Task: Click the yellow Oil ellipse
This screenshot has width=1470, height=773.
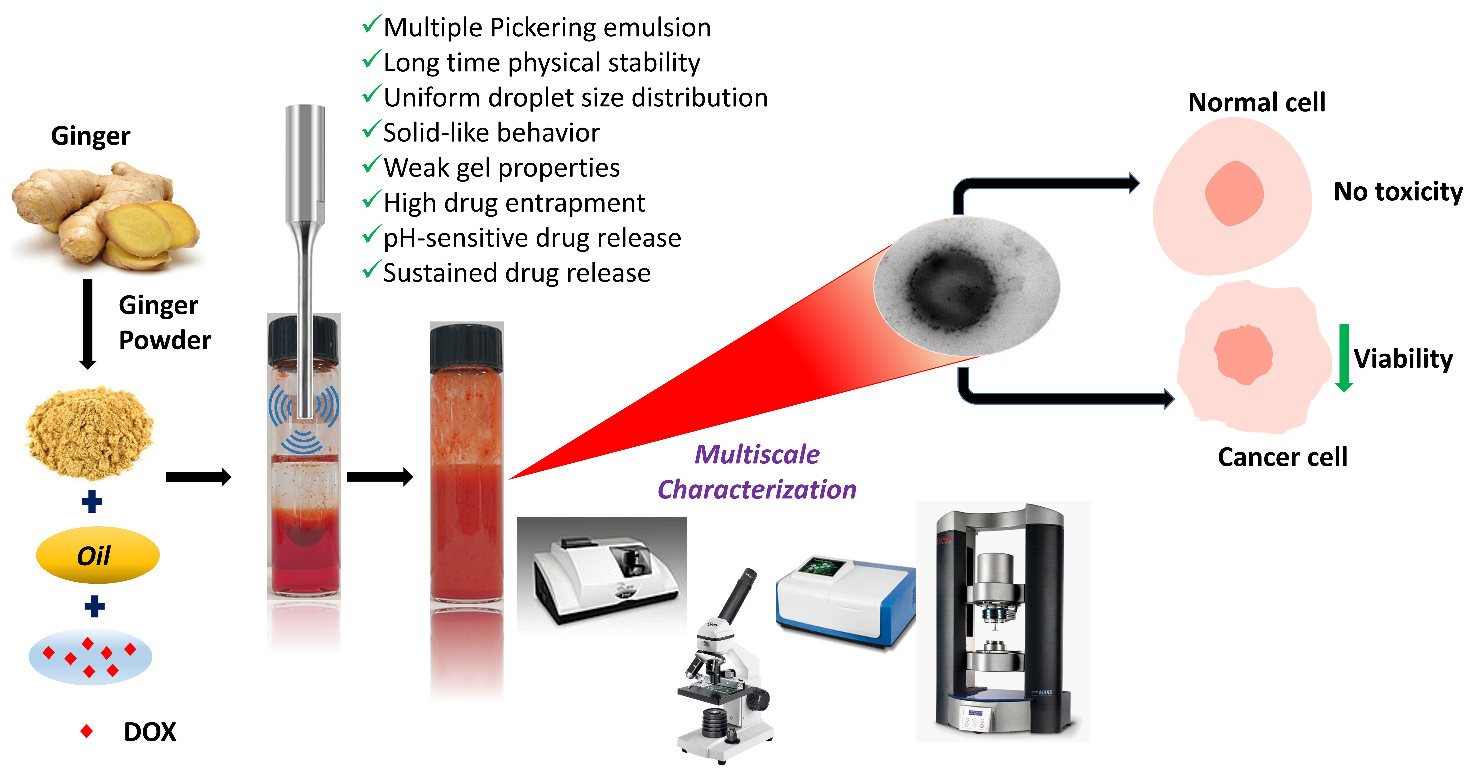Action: point(97,555)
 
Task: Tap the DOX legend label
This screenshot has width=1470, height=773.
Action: point(150,732)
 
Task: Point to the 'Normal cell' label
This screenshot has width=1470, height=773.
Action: point(1257,103)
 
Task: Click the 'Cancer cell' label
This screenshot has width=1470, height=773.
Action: point(1282,457)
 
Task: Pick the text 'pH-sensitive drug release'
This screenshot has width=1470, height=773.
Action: point(532,238)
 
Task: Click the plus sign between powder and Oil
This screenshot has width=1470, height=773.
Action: point(92,501)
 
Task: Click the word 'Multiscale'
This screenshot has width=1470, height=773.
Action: point(757,455)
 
